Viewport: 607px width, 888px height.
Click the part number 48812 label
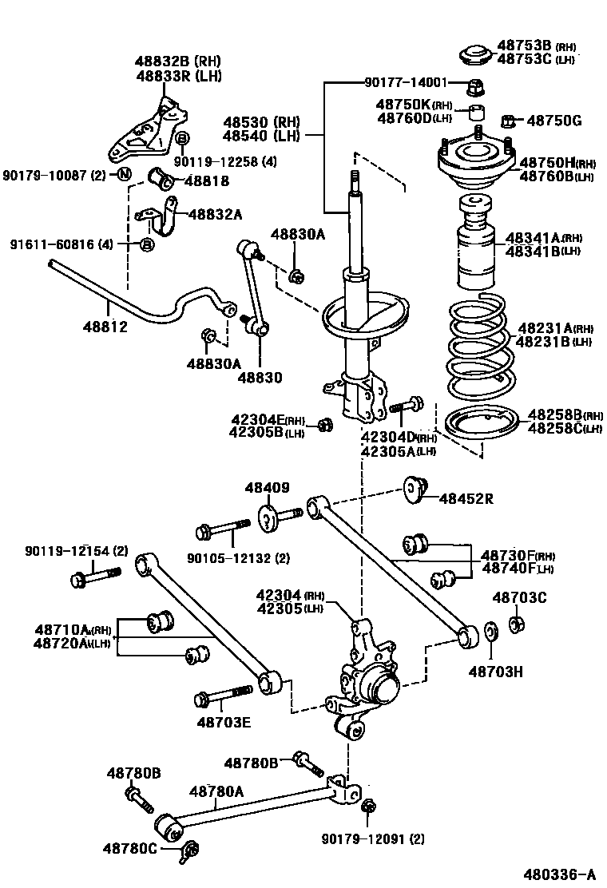[x=105, y=327]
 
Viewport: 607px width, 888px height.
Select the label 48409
[x=267, y=488]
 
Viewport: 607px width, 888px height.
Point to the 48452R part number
[x=465, y=499]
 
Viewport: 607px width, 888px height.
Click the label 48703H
[x=495, y=672]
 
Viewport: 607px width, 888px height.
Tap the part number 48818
[x=206, y=181]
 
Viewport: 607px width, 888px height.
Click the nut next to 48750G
[x=506, y=121]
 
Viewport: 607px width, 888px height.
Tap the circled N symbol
[x=125, y=175]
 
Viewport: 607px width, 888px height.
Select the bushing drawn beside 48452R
[x=415, y=489]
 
